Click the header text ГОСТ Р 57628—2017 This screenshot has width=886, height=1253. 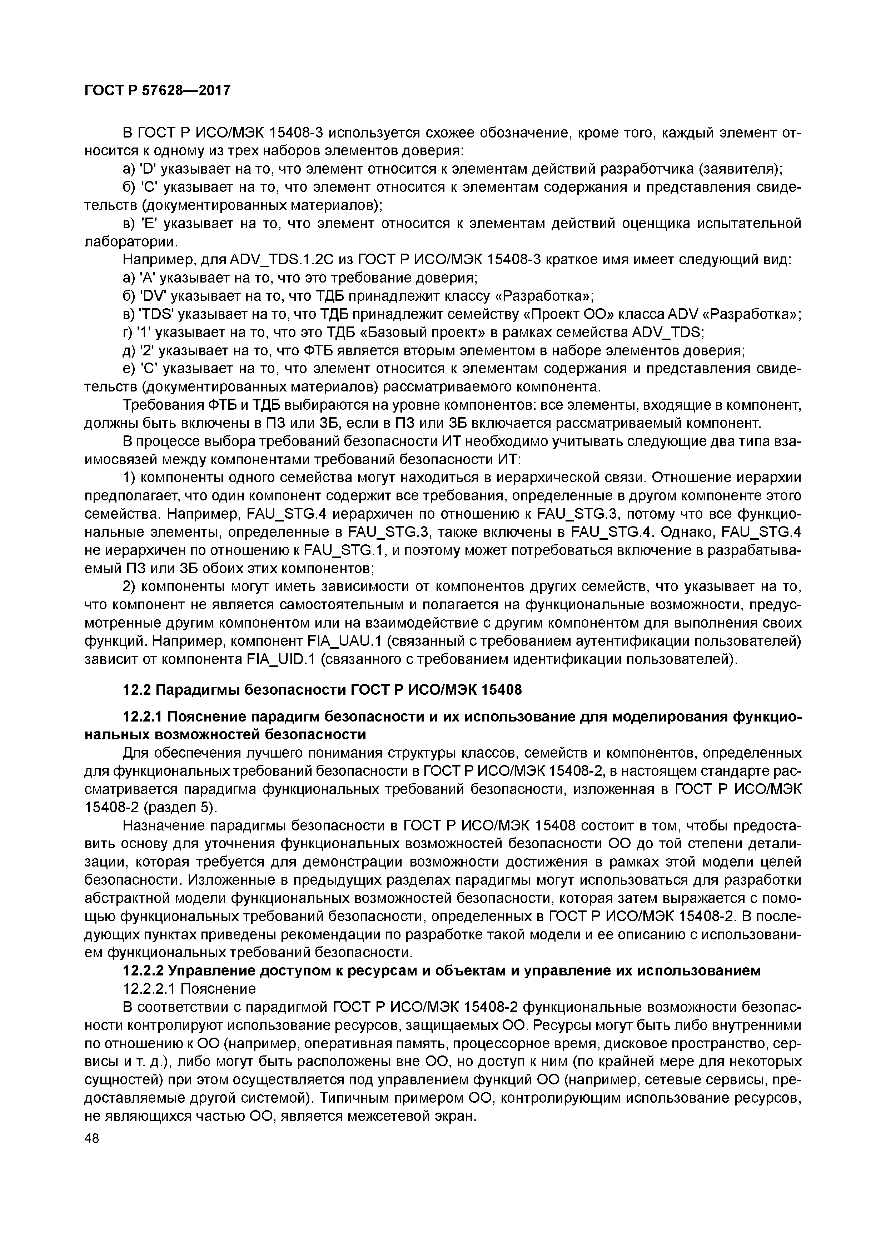(157, 90)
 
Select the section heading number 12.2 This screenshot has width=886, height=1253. (137, 690)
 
